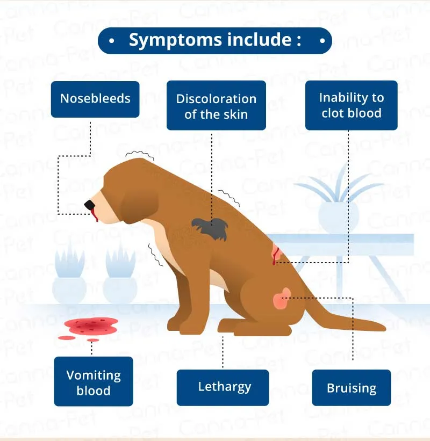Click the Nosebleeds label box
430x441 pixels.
coord(95,99)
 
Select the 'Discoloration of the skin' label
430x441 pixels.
coord(216,106)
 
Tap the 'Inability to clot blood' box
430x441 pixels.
coord(351,105)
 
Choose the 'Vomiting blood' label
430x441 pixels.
coord(93,381)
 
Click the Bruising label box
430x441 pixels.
coord(351,388)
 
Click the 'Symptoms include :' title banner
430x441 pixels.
coord(215,41)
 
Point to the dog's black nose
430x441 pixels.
coord(89,205)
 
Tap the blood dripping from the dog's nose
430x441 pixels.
coord(95,216)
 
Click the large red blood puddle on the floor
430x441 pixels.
coord(91,324)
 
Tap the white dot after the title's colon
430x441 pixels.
coord(322,41)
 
